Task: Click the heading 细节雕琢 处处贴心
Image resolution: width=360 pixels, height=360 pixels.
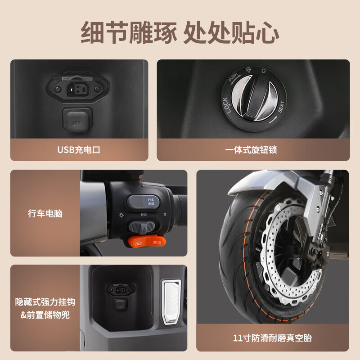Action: tap(180, 32)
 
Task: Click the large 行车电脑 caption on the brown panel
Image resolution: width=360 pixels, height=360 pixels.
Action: tap(45, 213)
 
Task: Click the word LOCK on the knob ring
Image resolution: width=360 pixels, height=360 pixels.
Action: tap(226, 105)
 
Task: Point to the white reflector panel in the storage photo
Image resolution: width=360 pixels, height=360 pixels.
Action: tap(171, 301)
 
